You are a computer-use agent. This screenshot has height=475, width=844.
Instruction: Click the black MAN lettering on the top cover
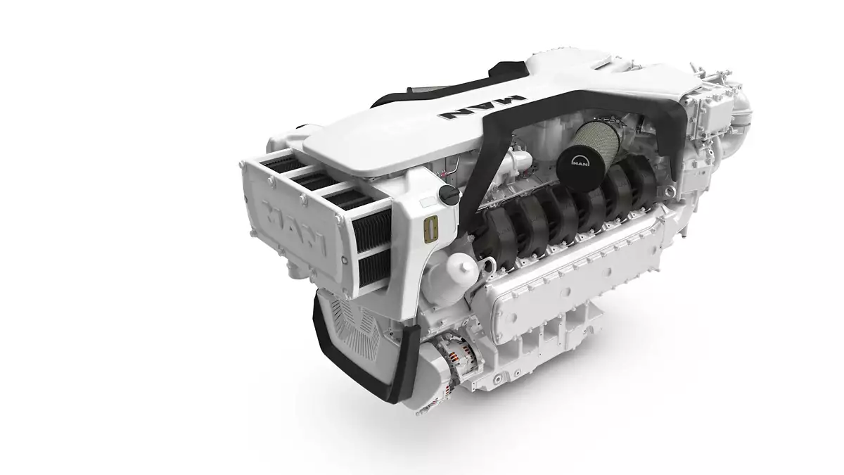(x=482, y=108)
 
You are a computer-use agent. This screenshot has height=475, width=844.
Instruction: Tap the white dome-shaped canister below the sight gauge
(x=461, y=269)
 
